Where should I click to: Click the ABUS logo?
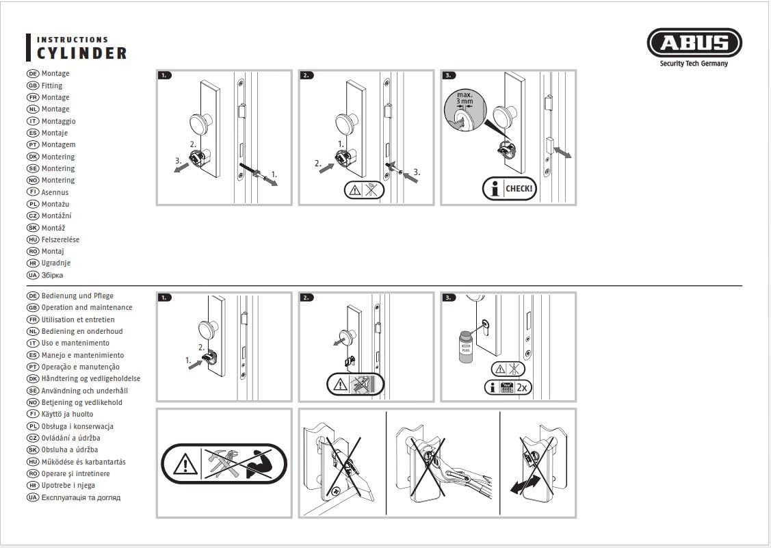click(x=694, y=43)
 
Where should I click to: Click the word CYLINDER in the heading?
click(x=81, y=53)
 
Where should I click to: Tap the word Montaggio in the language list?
click(x=59, y=121)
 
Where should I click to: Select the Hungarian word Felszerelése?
click(x=60, y=239)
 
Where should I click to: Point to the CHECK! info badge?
click(x=510, y=188)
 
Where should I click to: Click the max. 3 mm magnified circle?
click(x=465, y=109)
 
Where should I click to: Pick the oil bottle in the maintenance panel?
click(x=465, y=347)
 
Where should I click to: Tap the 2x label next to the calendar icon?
click(x=522, y=388)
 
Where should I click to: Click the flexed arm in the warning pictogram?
click(x=259, y=464)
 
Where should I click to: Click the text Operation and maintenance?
click(x=86, y=307)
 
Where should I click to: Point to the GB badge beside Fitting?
click(x=32, y=86)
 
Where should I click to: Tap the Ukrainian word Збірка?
click(x=52, y=275)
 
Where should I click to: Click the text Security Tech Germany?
click(x=694, y=64)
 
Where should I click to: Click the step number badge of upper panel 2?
click(x=306, y=75)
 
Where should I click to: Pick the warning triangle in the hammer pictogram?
click(x=185, y=464)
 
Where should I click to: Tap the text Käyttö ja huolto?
click(x=67, y=414)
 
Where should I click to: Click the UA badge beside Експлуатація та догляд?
click(x=32, y=497)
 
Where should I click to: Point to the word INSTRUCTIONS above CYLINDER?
click(x=73, y=40)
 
